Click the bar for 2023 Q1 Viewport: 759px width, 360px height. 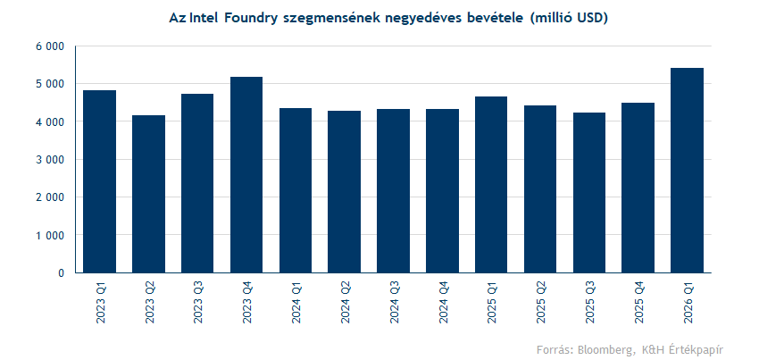100,181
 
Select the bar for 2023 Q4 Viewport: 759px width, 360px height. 246,175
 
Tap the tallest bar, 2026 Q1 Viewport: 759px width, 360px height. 687,171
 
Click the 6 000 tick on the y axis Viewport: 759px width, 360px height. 52,46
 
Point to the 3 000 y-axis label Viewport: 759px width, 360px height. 52,160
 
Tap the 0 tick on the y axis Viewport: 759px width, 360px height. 61,273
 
